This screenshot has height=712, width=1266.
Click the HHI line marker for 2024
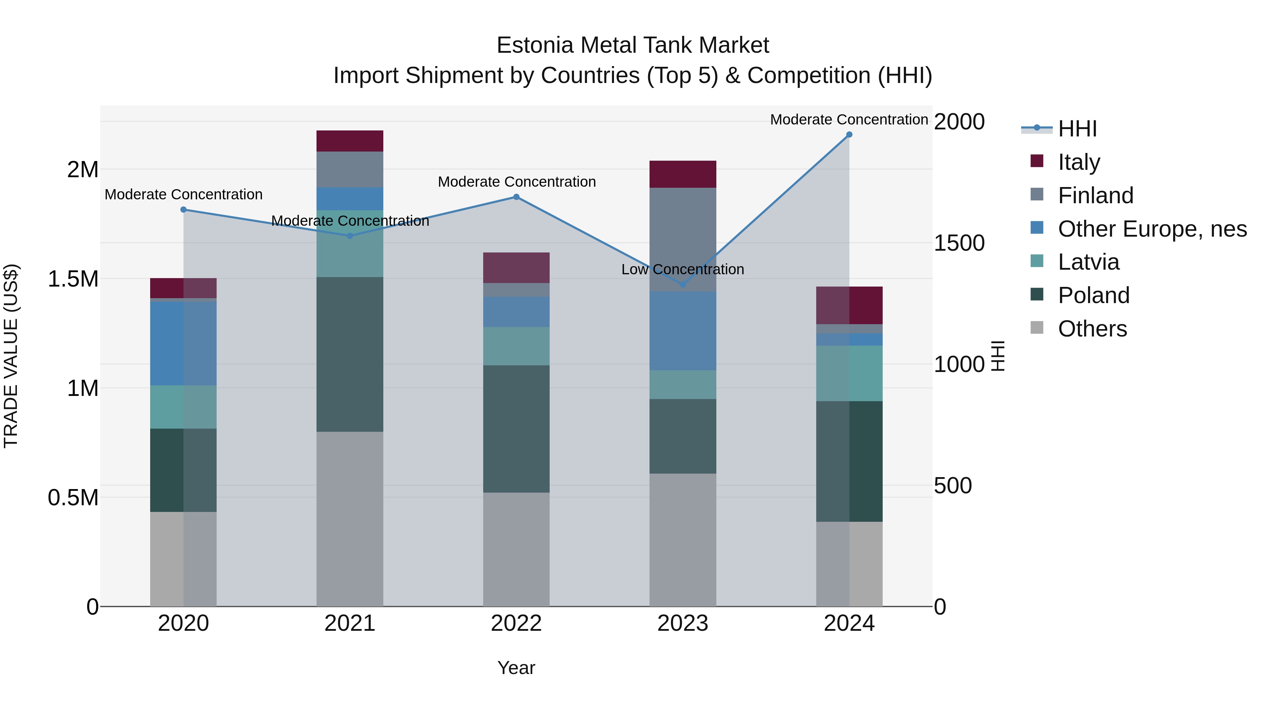[x=849, y=135]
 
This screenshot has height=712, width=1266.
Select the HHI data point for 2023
[x=682, y=284]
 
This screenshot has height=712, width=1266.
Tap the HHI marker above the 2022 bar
[x=516, y=197]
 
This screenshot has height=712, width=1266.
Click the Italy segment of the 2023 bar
[x=682, y=174]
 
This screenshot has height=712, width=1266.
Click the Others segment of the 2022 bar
[x=516, y=549]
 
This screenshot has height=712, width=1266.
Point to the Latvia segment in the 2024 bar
[x=849, y=373]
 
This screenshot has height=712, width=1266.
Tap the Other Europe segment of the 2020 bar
[x=183, y=343]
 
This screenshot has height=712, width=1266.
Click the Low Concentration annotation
[x=682, y=269]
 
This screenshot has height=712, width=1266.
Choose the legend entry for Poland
[x=1093, y=295]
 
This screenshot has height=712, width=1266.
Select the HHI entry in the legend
[x=1077, y=129]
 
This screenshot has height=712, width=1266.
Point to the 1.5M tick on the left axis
[x=73, y=279]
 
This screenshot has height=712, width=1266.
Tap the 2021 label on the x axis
[x=350, y=623]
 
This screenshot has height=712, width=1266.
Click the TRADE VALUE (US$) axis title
[x=11, y=356]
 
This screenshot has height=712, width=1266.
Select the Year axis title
[x=516, y=668]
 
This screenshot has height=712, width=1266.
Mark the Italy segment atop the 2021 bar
[x=350, y=141]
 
